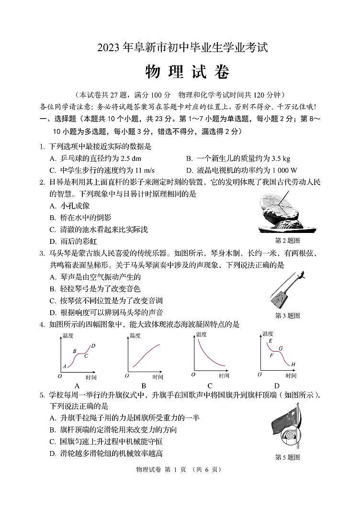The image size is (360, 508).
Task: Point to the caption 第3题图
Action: [287, 316]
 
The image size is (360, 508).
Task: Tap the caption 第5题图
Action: [287, 457]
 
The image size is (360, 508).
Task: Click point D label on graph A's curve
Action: [93, 345]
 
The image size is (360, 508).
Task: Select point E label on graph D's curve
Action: [270, 341]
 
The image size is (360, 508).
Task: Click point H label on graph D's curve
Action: [293, 364]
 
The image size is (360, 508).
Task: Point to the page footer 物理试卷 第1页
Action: [179, 470]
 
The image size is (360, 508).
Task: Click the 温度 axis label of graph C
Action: [201, 334]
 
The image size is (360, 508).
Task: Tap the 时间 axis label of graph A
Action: [90, 377]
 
